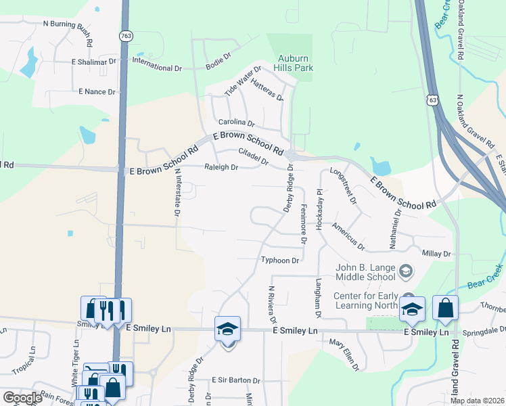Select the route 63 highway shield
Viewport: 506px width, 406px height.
click(432, 100)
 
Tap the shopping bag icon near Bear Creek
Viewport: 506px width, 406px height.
click(445, 309)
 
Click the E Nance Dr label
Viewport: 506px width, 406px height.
click(97, 91)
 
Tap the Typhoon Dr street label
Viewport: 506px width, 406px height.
click(280, 260)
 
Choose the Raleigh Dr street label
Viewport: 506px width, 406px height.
click(221, 167)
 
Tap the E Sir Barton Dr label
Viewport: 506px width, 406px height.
click(235, 380)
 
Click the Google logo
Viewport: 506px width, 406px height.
click(22, 398)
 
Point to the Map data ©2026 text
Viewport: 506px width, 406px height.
click(477, 401)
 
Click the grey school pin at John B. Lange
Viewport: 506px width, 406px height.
click(405, 272)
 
